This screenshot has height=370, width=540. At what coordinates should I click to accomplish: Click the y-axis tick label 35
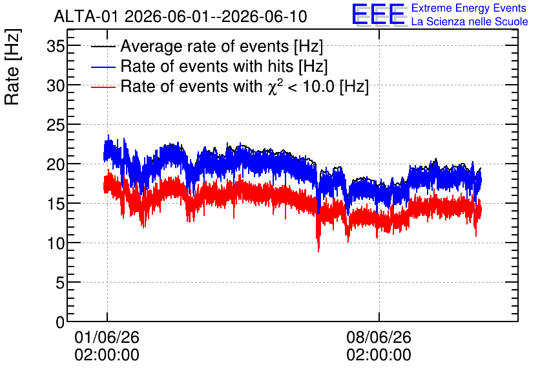56,46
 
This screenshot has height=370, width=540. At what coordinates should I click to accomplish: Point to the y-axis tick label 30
56,85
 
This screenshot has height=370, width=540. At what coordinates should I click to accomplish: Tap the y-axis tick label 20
56,164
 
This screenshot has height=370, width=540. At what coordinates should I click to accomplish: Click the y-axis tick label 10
56,243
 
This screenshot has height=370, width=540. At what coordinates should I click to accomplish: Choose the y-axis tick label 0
60,322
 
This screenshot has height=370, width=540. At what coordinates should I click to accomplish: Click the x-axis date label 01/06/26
107,337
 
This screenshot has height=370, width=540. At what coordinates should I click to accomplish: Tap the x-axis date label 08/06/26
379,337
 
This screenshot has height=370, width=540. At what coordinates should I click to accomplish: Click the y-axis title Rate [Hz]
12,67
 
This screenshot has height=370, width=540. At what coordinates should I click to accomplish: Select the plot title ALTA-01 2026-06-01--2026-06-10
180,16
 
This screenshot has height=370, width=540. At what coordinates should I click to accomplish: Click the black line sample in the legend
103,47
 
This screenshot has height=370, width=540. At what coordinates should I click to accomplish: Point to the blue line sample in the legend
103,67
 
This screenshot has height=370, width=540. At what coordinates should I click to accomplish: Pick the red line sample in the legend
103,87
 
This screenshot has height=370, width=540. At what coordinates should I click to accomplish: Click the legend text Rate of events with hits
207,66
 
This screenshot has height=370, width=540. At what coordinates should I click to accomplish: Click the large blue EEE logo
379,14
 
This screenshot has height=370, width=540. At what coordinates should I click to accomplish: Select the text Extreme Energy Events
469,8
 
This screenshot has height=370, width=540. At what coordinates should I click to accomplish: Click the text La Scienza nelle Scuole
470,21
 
